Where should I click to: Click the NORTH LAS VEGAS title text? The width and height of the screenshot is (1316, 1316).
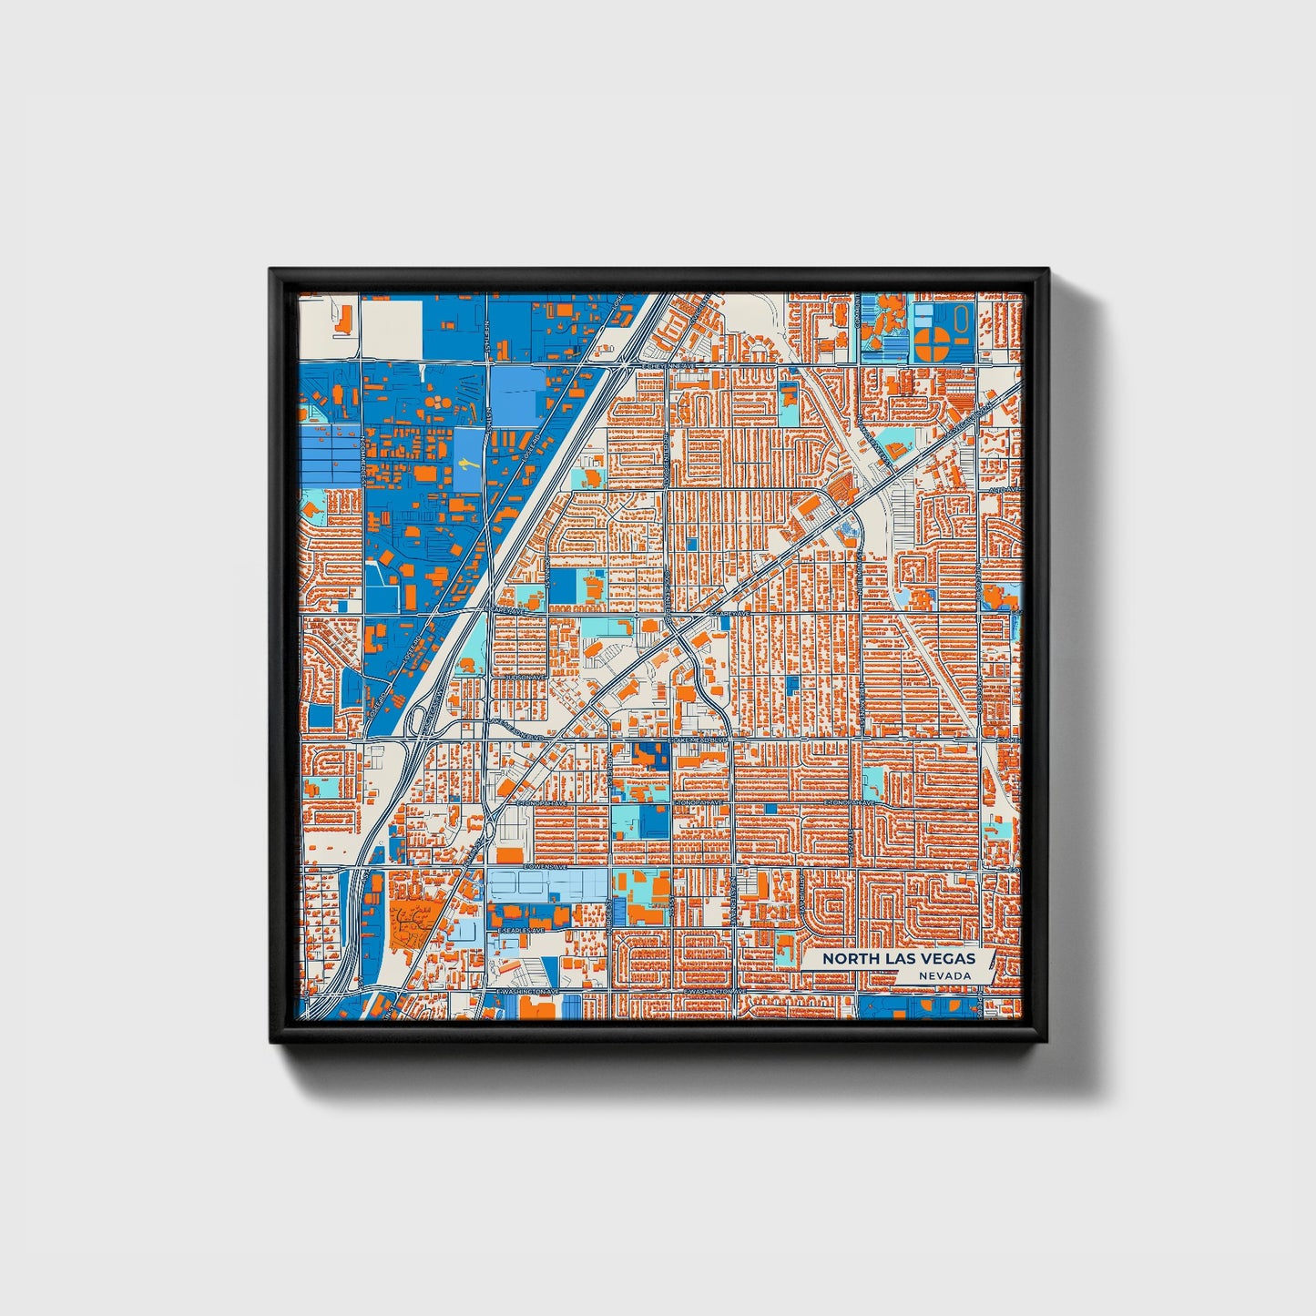point(898,958)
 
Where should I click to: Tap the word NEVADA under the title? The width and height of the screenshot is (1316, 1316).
point(944,976)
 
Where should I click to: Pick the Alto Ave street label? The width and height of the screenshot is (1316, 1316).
point(1005,490)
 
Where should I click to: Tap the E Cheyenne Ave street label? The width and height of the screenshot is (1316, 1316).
point(669,366)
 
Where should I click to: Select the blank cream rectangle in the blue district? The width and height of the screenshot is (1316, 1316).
point(392,328)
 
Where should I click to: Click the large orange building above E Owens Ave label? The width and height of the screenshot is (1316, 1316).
point(512,856)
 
